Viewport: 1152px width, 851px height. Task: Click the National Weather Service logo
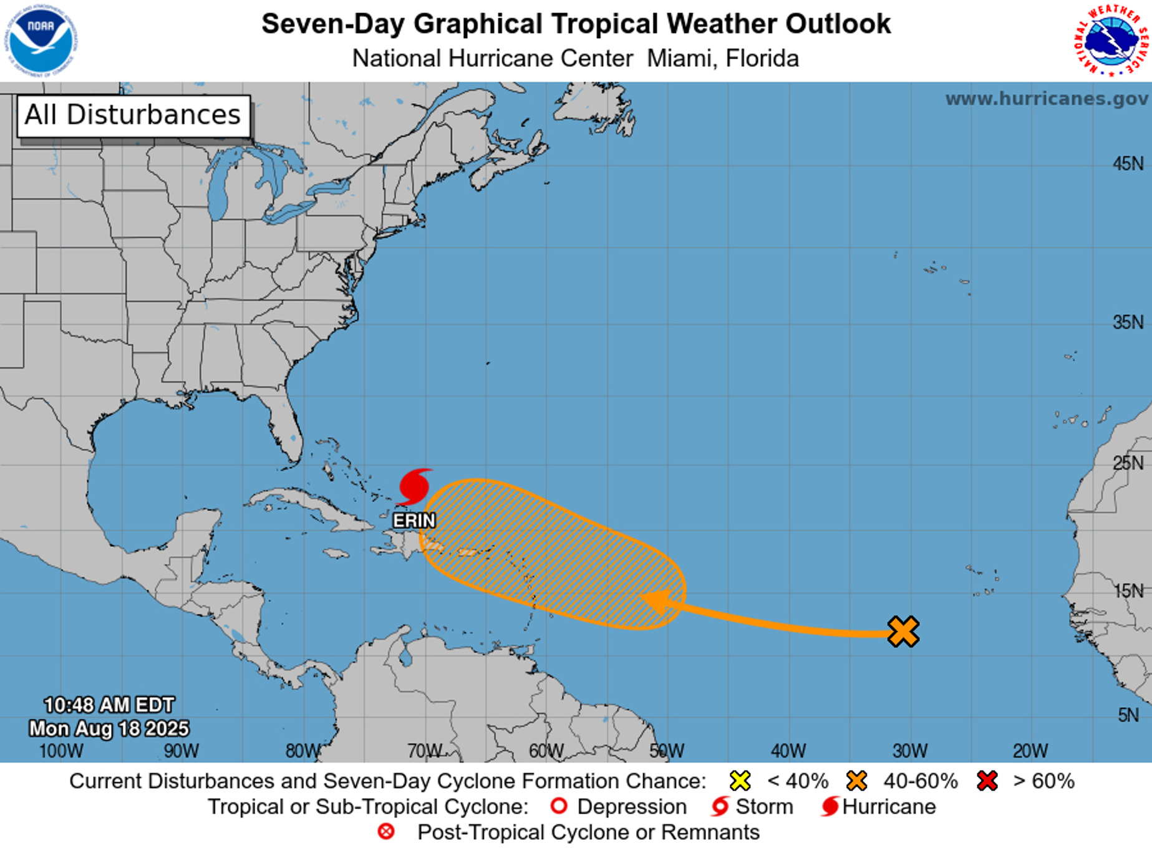tap(1110, 40)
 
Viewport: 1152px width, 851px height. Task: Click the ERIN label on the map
tap(414, 521)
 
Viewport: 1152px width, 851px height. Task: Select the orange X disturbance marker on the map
tap(903, 632)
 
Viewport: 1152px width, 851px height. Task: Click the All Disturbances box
tap(133, 115)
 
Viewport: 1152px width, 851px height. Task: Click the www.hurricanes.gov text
tap(1046, 99)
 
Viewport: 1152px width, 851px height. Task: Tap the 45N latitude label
tap(1128, 164)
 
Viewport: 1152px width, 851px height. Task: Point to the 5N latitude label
tap(1128, 714)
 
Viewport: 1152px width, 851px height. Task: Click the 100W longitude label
tap(61, 751)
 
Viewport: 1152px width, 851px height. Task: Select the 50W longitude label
tap(667, 751)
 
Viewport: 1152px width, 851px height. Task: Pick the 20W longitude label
tap(1030, 751)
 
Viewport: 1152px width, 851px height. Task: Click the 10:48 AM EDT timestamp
tap(109, 705)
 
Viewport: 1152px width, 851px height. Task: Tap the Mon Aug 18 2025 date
tap(109, 728)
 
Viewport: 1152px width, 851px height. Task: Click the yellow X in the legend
tap(740, 781)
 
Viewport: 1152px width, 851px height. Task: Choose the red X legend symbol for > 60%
tap(987, 781)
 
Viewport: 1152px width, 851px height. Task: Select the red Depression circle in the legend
tap(559, 806)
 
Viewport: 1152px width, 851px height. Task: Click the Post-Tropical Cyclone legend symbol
tap(386, 832)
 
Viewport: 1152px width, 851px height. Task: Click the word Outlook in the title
tap(838, 24)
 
